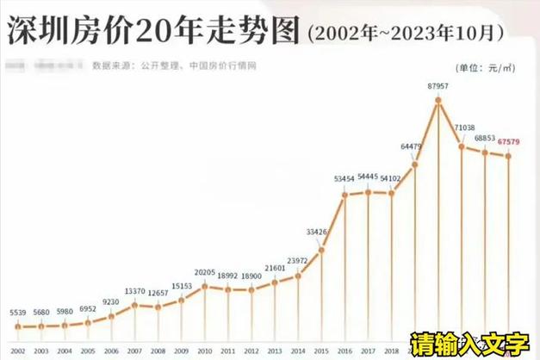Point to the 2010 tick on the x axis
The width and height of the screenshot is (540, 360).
pos(204,351)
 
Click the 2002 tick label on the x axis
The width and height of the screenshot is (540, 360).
pos(18,351)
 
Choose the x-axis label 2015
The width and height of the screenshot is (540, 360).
pos(321,351)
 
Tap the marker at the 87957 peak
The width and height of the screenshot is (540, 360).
pos(439,101)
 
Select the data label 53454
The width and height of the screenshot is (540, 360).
pos(345,178)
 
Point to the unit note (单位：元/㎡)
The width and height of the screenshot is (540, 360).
pos(488,65)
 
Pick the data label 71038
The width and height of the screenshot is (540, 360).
pos(463,127)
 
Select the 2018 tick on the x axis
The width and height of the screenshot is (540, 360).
pos(392,351)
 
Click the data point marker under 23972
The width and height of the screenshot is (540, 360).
pos(298,276)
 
